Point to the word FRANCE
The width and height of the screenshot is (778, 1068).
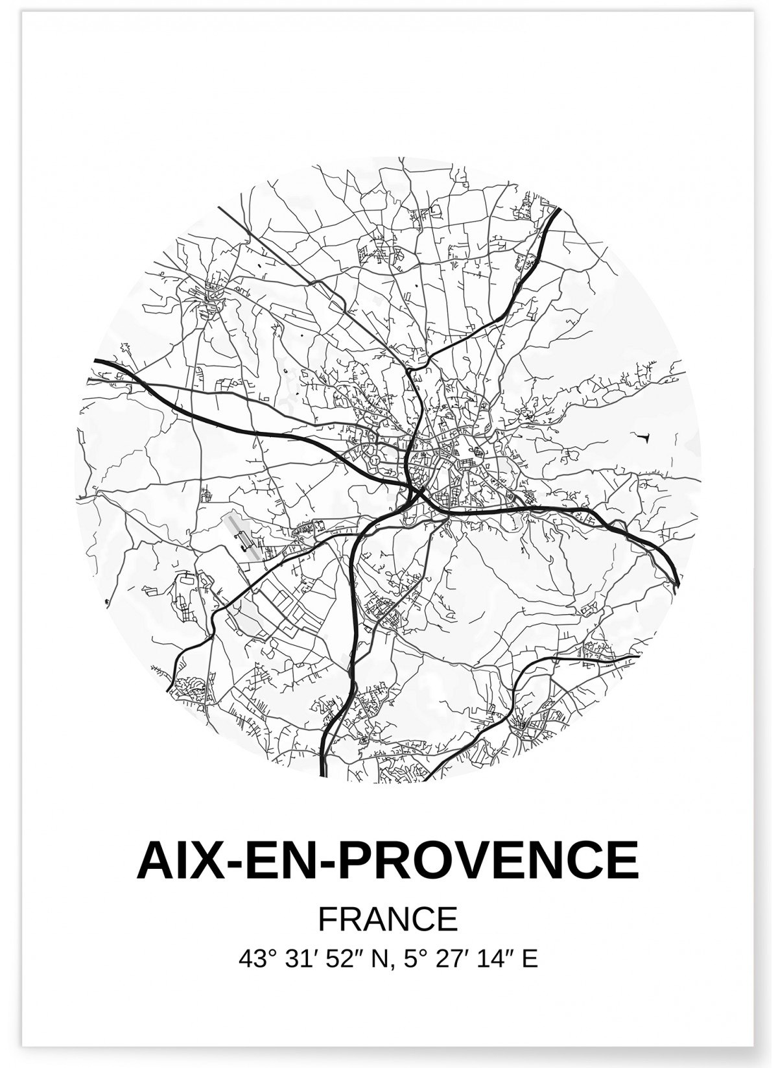[x=388, y=920]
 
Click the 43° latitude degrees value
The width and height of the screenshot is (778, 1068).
[x=254, y=958]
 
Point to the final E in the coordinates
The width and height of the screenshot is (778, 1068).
[x=530, y=958]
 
